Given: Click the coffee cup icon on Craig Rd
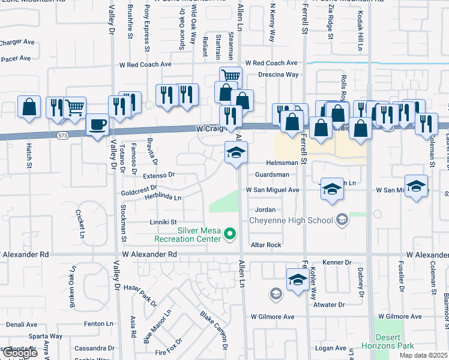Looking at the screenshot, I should (97, 125).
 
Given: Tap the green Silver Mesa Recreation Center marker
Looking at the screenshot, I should (228, 234).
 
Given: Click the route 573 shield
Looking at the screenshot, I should (62, 136).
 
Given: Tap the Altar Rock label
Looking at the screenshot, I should (266, 245).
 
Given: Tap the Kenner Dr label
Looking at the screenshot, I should (336, 263).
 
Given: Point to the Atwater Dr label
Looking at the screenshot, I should (330, 305).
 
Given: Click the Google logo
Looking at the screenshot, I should (20, 353).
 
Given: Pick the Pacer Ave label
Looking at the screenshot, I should (16, 59).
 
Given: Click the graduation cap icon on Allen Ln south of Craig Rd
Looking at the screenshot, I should (236, 153).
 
